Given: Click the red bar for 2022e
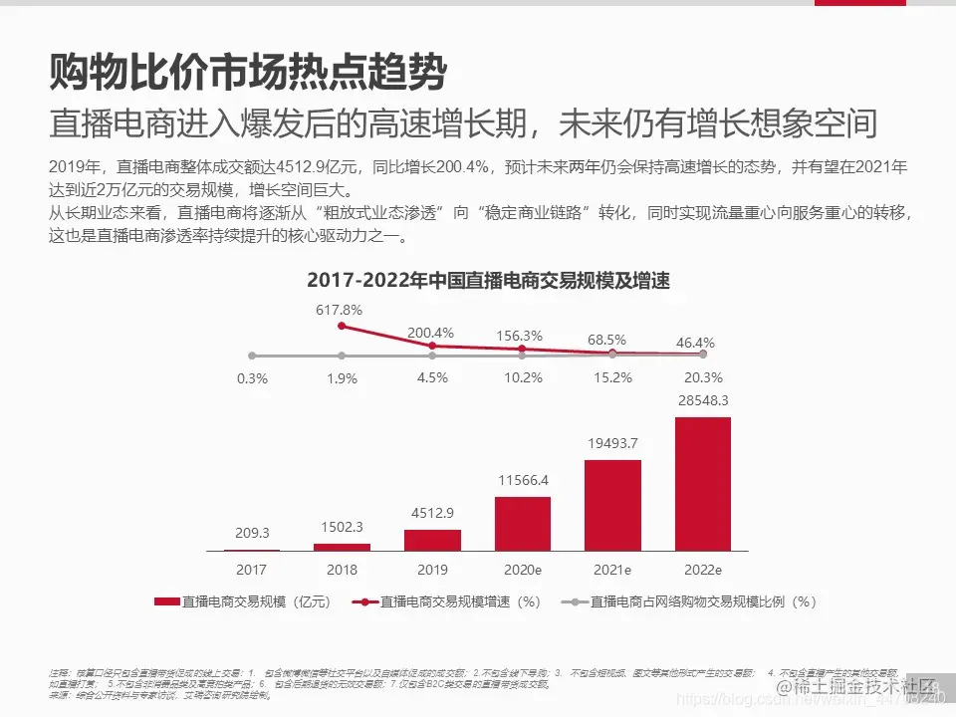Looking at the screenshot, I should pos(703,484).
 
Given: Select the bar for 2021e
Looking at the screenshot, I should pos(612,505).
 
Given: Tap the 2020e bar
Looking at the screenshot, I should pos(522,524).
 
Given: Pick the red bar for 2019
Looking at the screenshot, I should pos(432,540).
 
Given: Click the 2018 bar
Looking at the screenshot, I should pos(342,547).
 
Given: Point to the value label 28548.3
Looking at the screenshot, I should pos(703,400).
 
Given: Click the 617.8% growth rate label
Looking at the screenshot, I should pos(340,310).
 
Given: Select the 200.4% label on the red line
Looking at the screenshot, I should pos(431,333).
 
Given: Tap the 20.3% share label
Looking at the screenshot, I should pos(703,377).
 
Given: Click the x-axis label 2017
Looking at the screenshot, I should pos(251,571).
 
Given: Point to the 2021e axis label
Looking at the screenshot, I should pos(612,571).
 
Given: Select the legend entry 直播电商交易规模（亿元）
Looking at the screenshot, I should pos(243,601).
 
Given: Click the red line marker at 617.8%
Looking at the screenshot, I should pos(342,326).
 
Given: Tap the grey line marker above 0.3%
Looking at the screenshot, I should pos(252,356).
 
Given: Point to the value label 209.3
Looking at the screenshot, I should pos(252,533).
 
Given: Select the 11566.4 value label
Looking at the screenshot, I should pos(522,480).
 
